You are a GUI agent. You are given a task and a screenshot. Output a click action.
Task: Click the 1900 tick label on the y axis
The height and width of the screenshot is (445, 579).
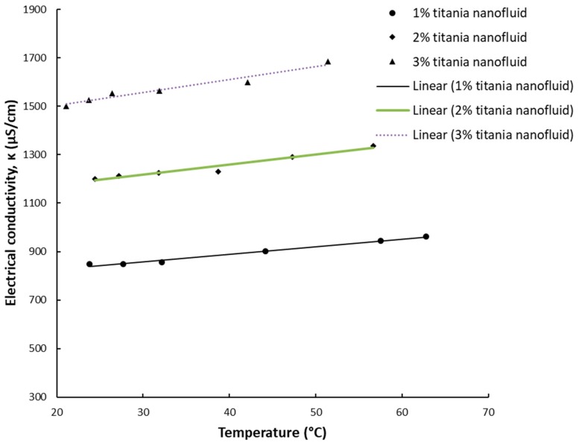34,10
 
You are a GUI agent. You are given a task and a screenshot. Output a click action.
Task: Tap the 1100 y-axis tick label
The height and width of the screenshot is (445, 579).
34,203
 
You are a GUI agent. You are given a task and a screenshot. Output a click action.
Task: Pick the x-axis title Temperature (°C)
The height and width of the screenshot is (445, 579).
272,433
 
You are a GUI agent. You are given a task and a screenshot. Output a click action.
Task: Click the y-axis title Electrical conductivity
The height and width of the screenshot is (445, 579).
11,203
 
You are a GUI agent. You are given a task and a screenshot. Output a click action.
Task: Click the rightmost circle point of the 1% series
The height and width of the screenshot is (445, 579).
426,236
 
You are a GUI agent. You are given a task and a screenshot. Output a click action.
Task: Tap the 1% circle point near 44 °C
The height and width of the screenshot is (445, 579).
265,251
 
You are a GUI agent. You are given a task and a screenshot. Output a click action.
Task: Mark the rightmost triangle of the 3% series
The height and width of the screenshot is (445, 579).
328,62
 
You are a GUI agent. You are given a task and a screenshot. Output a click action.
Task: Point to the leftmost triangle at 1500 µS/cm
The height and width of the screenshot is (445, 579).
66,106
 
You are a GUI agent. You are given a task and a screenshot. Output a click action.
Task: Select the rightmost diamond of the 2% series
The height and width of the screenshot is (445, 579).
373,146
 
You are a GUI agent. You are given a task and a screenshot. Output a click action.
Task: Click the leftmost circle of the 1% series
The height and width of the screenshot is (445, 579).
89,264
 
